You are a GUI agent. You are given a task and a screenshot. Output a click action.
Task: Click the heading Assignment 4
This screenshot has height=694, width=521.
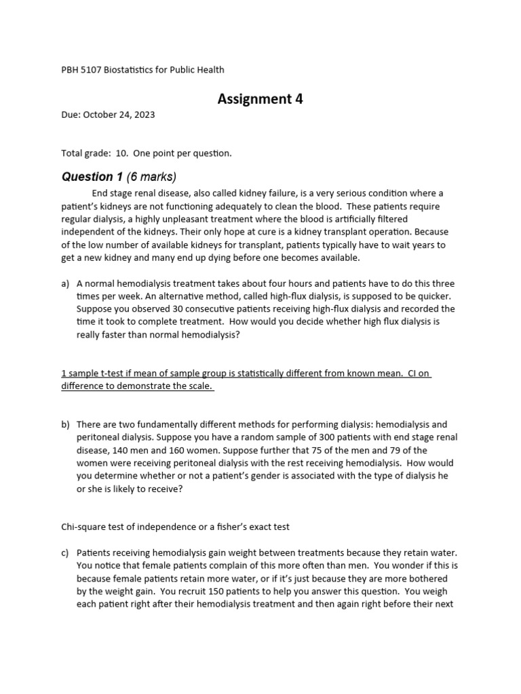260,99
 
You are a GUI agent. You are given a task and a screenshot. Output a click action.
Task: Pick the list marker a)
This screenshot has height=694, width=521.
66,283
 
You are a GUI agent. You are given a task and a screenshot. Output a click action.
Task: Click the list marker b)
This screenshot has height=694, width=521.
66,424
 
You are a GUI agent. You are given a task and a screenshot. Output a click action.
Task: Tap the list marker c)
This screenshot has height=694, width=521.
66,553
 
